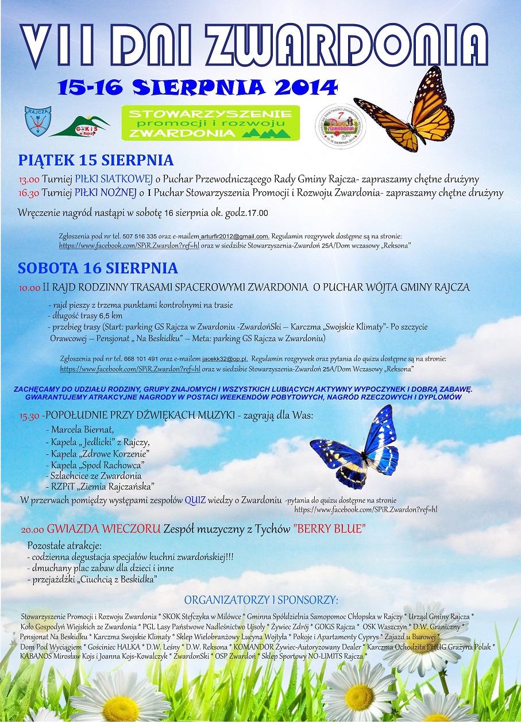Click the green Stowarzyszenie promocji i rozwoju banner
210,123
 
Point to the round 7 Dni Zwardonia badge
341,126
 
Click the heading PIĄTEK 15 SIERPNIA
95,160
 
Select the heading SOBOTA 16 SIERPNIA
98,268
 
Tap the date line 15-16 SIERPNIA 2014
197,87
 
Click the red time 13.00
29,179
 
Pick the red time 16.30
29,193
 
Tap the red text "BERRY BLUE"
329,529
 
